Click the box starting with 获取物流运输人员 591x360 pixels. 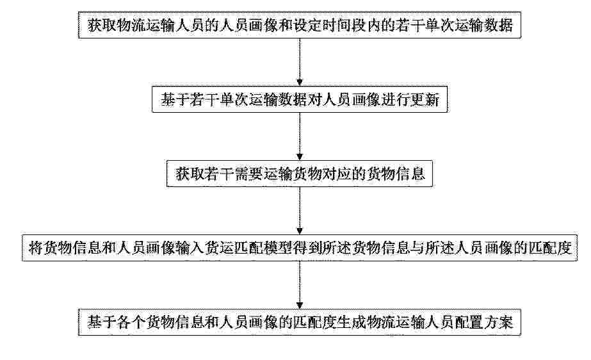300,25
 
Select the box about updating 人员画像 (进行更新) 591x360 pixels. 300,99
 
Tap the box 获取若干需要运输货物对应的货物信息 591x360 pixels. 300,174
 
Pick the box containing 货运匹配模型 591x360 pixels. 300,248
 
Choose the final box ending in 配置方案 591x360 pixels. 300,322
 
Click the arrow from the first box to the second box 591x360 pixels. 300,62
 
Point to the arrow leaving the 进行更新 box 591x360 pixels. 300,137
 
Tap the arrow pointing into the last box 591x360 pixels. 300,285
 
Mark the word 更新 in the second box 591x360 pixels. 425,100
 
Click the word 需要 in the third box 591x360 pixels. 249,174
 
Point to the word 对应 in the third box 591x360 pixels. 337,174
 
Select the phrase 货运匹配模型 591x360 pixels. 248,249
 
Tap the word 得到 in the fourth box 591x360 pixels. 307,249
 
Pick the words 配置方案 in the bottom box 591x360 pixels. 484,323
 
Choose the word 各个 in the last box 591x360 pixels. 131,323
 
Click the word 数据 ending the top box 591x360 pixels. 498,25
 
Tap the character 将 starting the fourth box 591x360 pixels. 36,249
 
